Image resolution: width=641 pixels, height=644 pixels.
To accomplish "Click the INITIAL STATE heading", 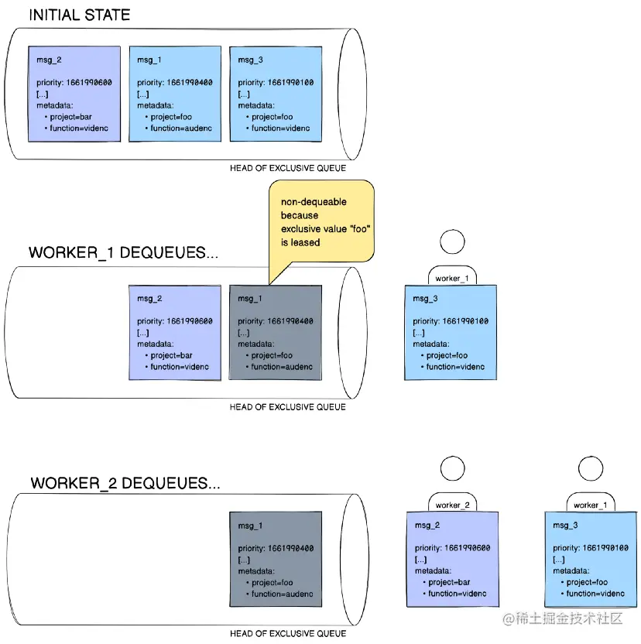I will point(79,15).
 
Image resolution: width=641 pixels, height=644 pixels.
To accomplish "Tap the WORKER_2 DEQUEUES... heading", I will point(125,483).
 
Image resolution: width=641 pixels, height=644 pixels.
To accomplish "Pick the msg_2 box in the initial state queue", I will point(74,94).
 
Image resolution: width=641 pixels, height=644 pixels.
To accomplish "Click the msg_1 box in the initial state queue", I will point(175,94).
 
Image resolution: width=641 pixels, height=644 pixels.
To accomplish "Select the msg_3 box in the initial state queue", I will point(276,94).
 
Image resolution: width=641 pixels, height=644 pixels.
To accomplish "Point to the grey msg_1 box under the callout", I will point(276,332).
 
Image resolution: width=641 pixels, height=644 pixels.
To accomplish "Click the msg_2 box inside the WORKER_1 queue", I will point(175,332).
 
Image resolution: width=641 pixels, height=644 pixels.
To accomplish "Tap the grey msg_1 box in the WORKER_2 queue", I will point(276,558).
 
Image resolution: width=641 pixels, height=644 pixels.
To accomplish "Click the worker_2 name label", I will point(453,505).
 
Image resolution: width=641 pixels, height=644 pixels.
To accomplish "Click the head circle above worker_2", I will point(453,469).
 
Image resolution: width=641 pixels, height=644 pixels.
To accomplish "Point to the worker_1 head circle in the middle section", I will point(452,242).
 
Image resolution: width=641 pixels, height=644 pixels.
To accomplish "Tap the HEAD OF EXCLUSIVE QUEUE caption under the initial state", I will point(288,168).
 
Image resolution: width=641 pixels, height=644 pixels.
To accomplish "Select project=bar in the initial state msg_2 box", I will point(70,117).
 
